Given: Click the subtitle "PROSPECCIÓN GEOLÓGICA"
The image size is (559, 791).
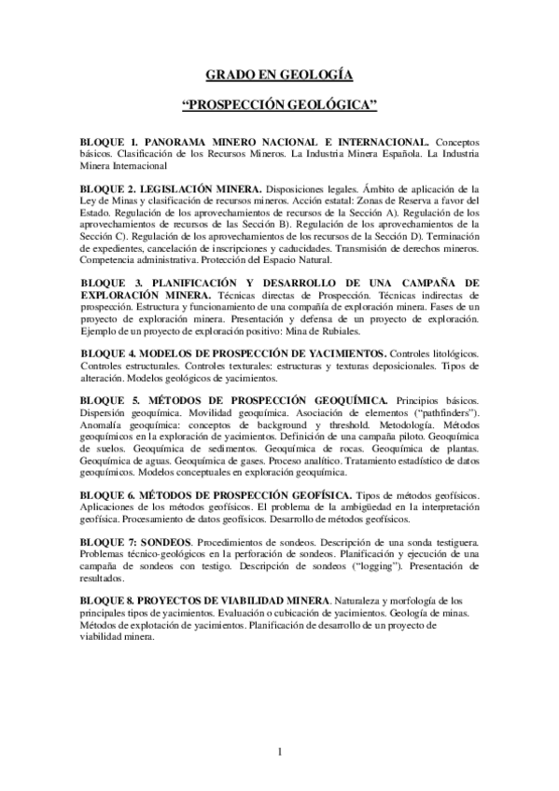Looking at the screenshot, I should [x=279, y=106].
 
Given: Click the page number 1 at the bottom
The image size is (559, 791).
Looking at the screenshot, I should [x=279, y=752].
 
